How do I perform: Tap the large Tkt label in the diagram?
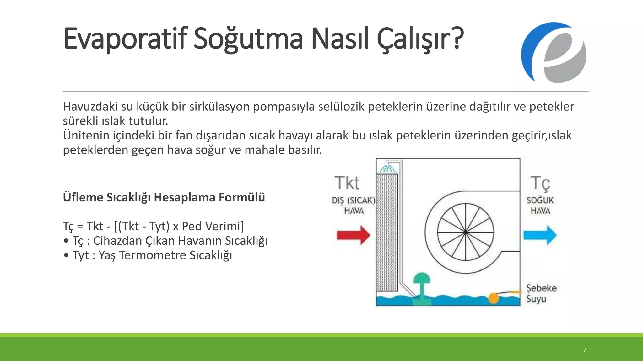tap(347, 183)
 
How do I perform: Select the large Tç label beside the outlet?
tap(540, 184)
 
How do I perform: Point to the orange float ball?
tap(493, 298)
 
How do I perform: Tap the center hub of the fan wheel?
tap(465, 232)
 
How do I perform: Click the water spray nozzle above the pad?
tap(387, 168)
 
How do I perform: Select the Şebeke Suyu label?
tap(541, 293)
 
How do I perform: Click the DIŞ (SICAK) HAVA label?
tap(354, 206)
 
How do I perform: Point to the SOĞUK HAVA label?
tap(540, 206)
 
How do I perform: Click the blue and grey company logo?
tap(553, 53)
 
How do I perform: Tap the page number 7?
tap(584, 350)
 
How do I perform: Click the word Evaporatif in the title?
tap(125, 39)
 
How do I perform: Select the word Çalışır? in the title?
tap(420, 39)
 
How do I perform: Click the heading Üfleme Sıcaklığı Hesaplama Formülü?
tap(164, 197)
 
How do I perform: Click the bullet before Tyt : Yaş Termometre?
tap(66, 255)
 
